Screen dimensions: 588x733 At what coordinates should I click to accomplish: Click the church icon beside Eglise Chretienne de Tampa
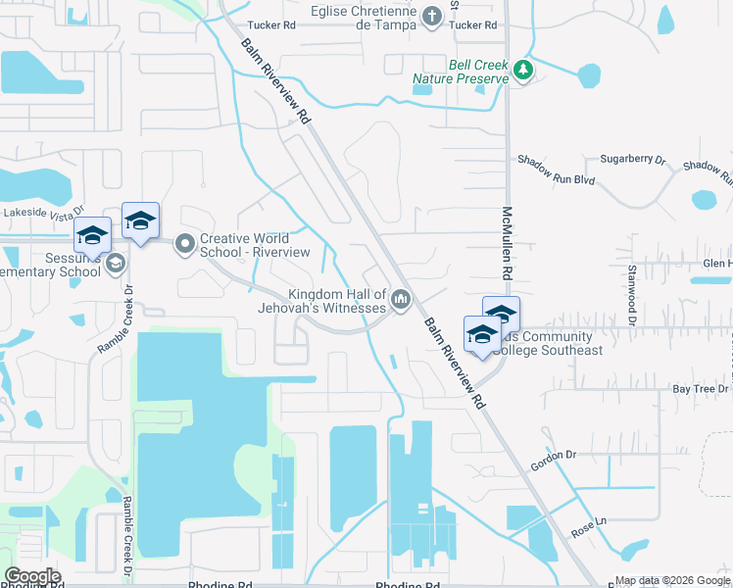point(432,16)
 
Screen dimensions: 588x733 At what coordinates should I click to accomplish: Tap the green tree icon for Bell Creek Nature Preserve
point(523,70)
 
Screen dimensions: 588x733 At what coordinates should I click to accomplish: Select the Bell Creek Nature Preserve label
point(477,72)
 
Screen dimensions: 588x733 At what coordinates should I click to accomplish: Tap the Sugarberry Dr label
point(632,158)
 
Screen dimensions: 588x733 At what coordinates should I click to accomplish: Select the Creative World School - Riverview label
point(254,245)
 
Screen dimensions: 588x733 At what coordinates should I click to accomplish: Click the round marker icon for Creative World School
point(184,244)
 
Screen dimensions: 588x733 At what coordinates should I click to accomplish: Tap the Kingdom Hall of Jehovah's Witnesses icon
point(400,300)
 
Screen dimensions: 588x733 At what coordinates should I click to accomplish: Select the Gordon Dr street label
point(551,455)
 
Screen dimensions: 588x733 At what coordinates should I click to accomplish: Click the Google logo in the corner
point(32,576)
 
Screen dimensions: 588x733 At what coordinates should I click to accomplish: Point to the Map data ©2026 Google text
point(672,580)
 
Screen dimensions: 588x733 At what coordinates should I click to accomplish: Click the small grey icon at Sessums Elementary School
point(116,263)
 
